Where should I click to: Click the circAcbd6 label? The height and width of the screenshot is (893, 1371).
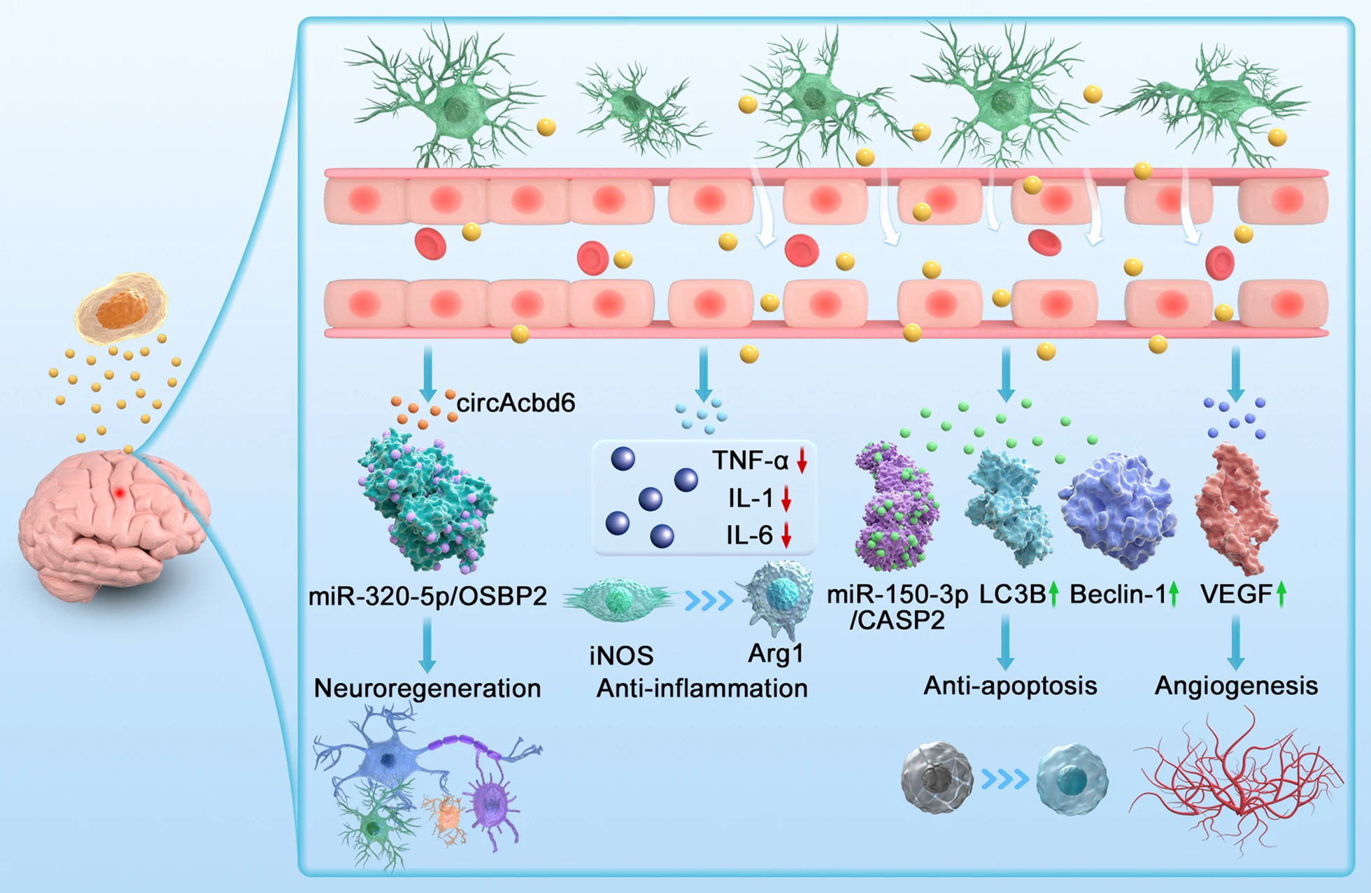516,403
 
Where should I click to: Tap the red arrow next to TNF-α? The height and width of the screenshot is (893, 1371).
802,460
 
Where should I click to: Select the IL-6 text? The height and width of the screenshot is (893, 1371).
748,535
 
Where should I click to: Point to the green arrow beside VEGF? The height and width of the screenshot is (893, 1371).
1281,594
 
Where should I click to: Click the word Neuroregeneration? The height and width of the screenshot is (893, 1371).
427,688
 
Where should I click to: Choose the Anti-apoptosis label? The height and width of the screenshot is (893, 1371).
1010,685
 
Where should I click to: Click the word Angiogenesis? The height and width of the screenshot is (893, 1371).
1236,685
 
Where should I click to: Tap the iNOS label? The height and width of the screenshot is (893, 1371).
621,656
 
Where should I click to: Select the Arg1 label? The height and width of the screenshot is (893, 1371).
776,653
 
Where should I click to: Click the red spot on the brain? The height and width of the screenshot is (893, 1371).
120,493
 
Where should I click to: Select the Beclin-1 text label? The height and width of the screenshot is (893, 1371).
1118,594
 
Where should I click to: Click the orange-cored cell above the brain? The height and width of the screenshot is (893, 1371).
122,308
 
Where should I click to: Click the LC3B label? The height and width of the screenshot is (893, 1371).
1011,594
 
